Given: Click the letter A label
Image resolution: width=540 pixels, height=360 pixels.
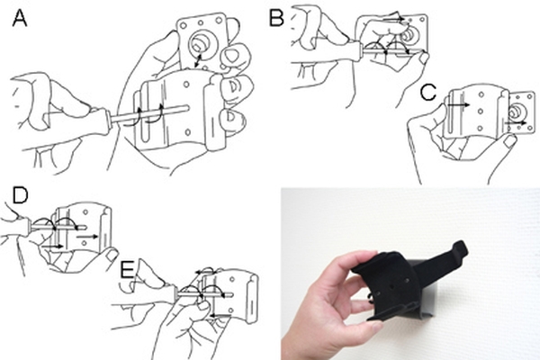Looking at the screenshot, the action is (20, 18).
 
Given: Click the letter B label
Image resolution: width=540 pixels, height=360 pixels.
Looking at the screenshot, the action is (276, 18).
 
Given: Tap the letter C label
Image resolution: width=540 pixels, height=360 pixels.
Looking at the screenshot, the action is (428, 92).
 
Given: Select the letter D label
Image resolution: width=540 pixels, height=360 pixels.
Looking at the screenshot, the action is (20, 195).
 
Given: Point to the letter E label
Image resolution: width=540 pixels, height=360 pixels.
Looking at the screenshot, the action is (128, 270).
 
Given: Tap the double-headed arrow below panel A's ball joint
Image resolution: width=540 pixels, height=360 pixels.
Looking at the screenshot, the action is (197, 60).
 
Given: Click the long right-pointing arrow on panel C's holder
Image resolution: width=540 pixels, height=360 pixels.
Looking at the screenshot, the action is (458, 104).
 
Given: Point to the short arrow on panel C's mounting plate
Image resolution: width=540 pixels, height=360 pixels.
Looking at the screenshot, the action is (516, 122).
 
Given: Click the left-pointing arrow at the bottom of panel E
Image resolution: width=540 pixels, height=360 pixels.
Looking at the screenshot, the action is (220, 315).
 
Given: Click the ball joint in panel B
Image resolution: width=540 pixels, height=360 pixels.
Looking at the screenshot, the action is (409, 35).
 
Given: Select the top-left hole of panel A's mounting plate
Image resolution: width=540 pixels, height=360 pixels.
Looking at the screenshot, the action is (184, 25).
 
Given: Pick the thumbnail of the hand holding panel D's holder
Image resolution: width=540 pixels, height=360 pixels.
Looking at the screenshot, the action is (112, 256).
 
